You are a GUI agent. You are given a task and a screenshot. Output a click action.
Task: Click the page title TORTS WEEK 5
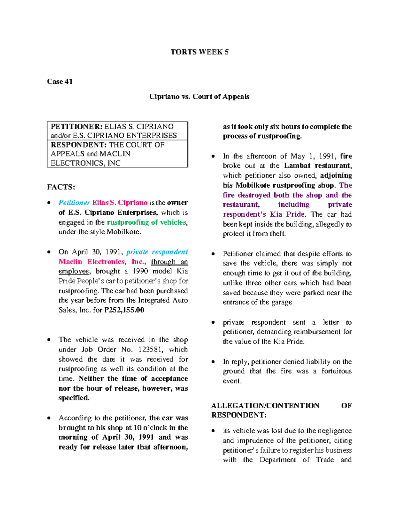click(x=199, y=52)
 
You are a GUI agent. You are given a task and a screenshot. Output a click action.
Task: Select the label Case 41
click(x=60, y=81)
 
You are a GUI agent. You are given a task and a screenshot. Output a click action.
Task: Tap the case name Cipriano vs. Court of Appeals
click(x=199, y=97)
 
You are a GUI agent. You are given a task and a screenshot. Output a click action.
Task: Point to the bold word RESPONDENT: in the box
click(x=78, y=145)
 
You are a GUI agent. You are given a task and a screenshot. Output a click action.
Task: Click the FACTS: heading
click(x=61, y=187)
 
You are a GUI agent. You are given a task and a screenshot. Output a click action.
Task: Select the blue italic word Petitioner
click(x=74, y=203)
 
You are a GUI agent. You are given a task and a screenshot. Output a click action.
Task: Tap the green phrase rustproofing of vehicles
click(x=146, y=222)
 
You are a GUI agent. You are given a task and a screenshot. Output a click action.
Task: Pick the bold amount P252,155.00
click(x=124, y=310)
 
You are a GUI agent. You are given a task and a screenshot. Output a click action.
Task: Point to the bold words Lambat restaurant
click(x=318, y=166)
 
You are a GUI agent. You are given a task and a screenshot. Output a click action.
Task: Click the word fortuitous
click(x=336, y=371)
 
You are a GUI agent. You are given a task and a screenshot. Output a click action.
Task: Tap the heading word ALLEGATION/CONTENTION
click(x=265, y=406)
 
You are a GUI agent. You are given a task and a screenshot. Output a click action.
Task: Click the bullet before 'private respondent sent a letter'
click(x=213, y=323)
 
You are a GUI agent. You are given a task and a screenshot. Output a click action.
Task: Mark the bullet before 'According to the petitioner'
click(x=49, y=418)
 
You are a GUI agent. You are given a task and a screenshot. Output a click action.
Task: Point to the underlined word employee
click(x=74, y=271)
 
